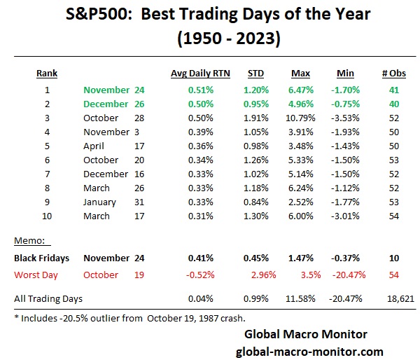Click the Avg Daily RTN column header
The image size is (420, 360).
pyautogui.click(x=199, y=72)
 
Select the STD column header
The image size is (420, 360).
pyautogui.click(x=255, y=72)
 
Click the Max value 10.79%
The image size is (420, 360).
pyautogui.click(x=303, y=118)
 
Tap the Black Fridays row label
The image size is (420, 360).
pyautogui.click(x=45, y=257)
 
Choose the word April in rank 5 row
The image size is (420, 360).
pyautogui.click(x=93, y=146)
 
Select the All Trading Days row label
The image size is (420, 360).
pyautogui.click(x=48, y=298)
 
